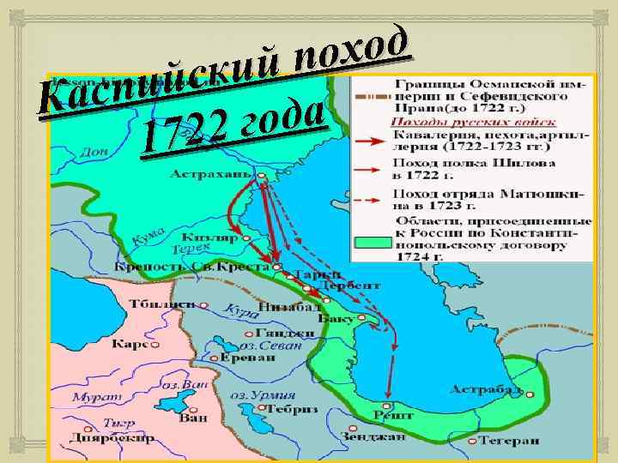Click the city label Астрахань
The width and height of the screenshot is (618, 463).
211,174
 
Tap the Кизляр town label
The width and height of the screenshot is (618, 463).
207,237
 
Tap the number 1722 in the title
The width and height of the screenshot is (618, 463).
185,130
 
